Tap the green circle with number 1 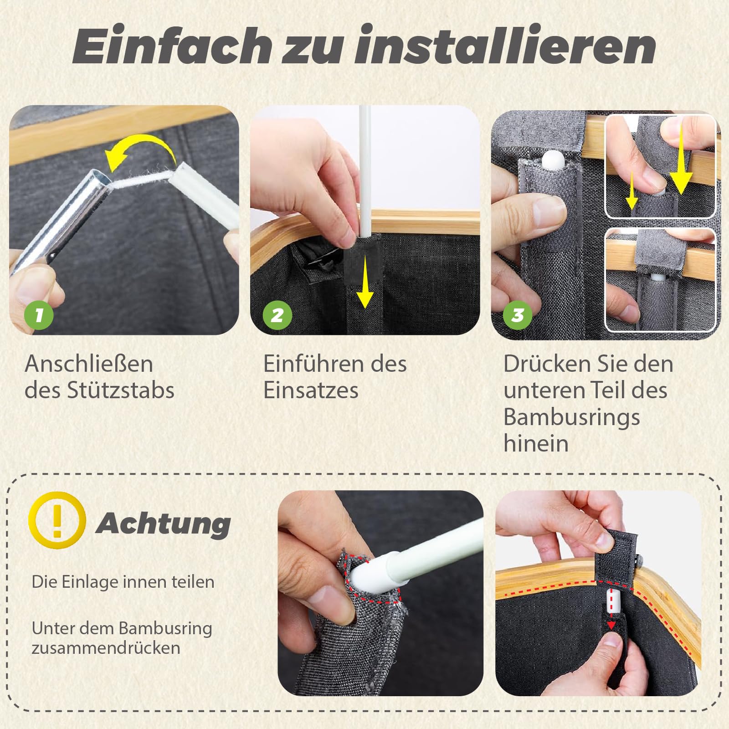tap(39, 315)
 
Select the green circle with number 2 tap(277, 315)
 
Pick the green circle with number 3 tap(518, 315)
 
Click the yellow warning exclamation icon tap(57, 521)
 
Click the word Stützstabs tap(121, 390)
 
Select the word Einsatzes tap(311, 390)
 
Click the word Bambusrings tap(572, 417)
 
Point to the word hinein tap(536, 443)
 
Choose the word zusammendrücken tap(106, 647)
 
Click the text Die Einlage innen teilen tap(123, 582)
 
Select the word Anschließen tap(89, 364)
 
